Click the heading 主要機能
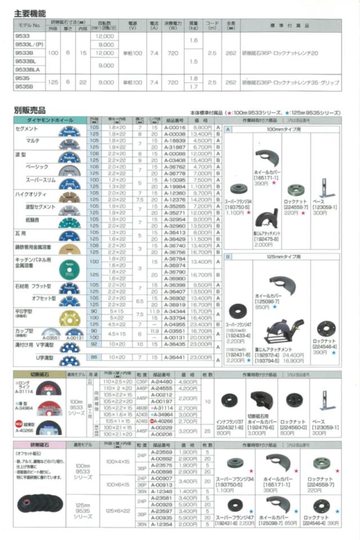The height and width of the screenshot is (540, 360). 30,13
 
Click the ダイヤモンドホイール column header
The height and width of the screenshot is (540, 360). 50,120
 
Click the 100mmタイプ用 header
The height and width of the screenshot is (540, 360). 284,128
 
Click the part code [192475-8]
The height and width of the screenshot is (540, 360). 266,238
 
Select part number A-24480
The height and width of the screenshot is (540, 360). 162,381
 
